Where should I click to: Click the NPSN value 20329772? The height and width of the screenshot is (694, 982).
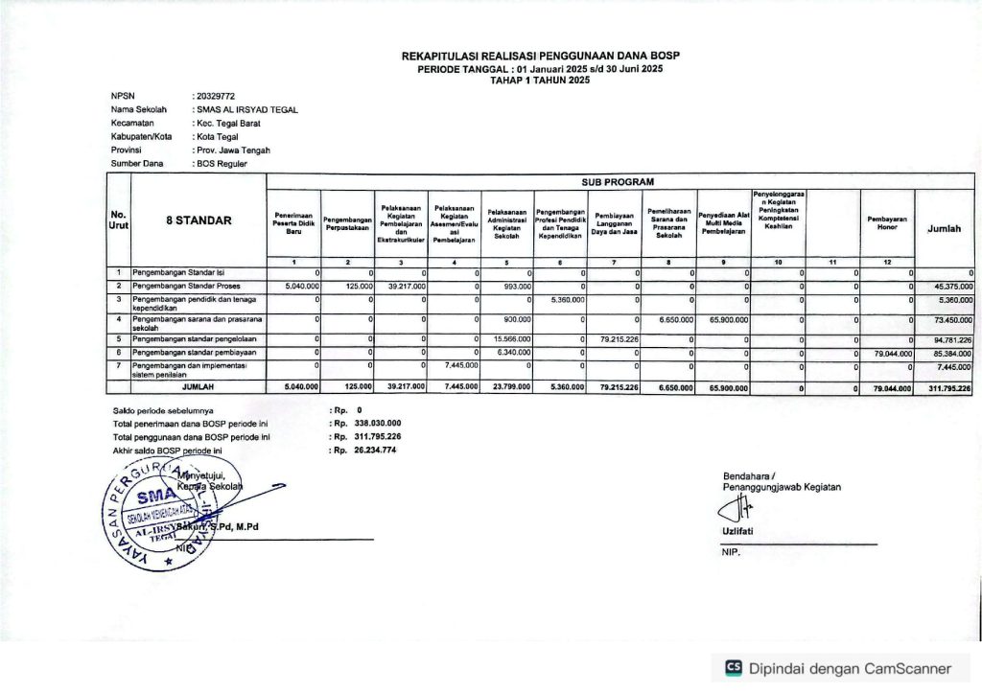click(x=213, y=96)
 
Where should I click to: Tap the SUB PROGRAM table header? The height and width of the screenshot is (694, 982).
click(x=619, y=180)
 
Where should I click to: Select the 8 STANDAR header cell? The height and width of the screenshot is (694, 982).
click(x=199, y=220)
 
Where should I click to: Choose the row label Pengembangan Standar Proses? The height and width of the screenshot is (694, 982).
click(x=186, y=286)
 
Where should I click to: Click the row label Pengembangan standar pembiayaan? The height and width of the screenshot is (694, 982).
click(x=195, y=353)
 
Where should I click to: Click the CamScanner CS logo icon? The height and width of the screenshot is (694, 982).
click(x=734, y=668)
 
